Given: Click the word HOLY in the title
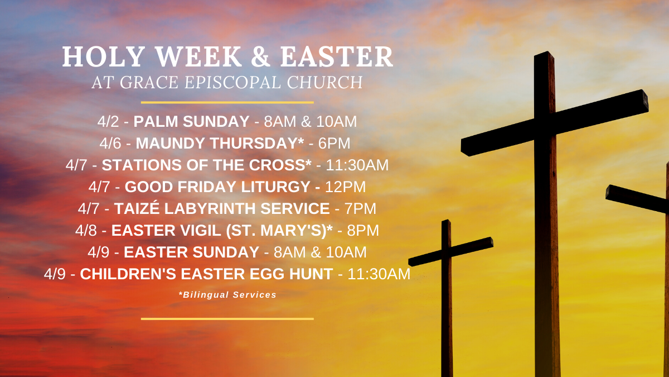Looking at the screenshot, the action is [104, 56].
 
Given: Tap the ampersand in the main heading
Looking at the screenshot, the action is [260, 56].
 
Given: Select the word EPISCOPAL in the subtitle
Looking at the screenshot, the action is [232, 82].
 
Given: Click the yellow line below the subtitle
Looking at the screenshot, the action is [227, 102].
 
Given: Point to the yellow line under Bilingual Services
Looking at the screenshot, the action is [227, 319].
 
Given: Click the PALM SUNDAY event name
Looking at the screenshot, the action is [191, 122].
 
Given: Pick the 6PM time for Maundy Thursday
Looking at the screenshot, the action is [334, 144].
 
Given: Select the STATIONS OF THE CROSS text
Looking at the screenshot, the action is [206, 165].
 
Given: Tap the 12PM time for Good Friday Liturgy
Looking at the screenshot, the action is [345, 187].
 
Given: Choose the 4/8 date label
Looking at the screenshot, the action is [86, 230].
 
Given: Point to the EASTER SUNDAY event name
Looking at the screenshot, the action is [191, 252].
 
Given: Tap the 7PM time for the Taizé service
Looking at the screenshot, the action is [361, 208].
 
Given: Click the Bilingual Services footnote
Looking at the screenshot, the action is [227, 295].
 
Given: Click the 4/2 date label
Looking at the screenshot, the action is [108, 122].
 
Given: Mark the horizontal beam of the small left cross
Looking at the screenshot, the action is [450, 252].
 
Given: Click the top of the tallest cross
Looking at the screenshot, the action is [544, 54].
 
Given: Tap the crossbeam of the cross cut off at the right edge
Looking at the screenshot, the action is [637, 199].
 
